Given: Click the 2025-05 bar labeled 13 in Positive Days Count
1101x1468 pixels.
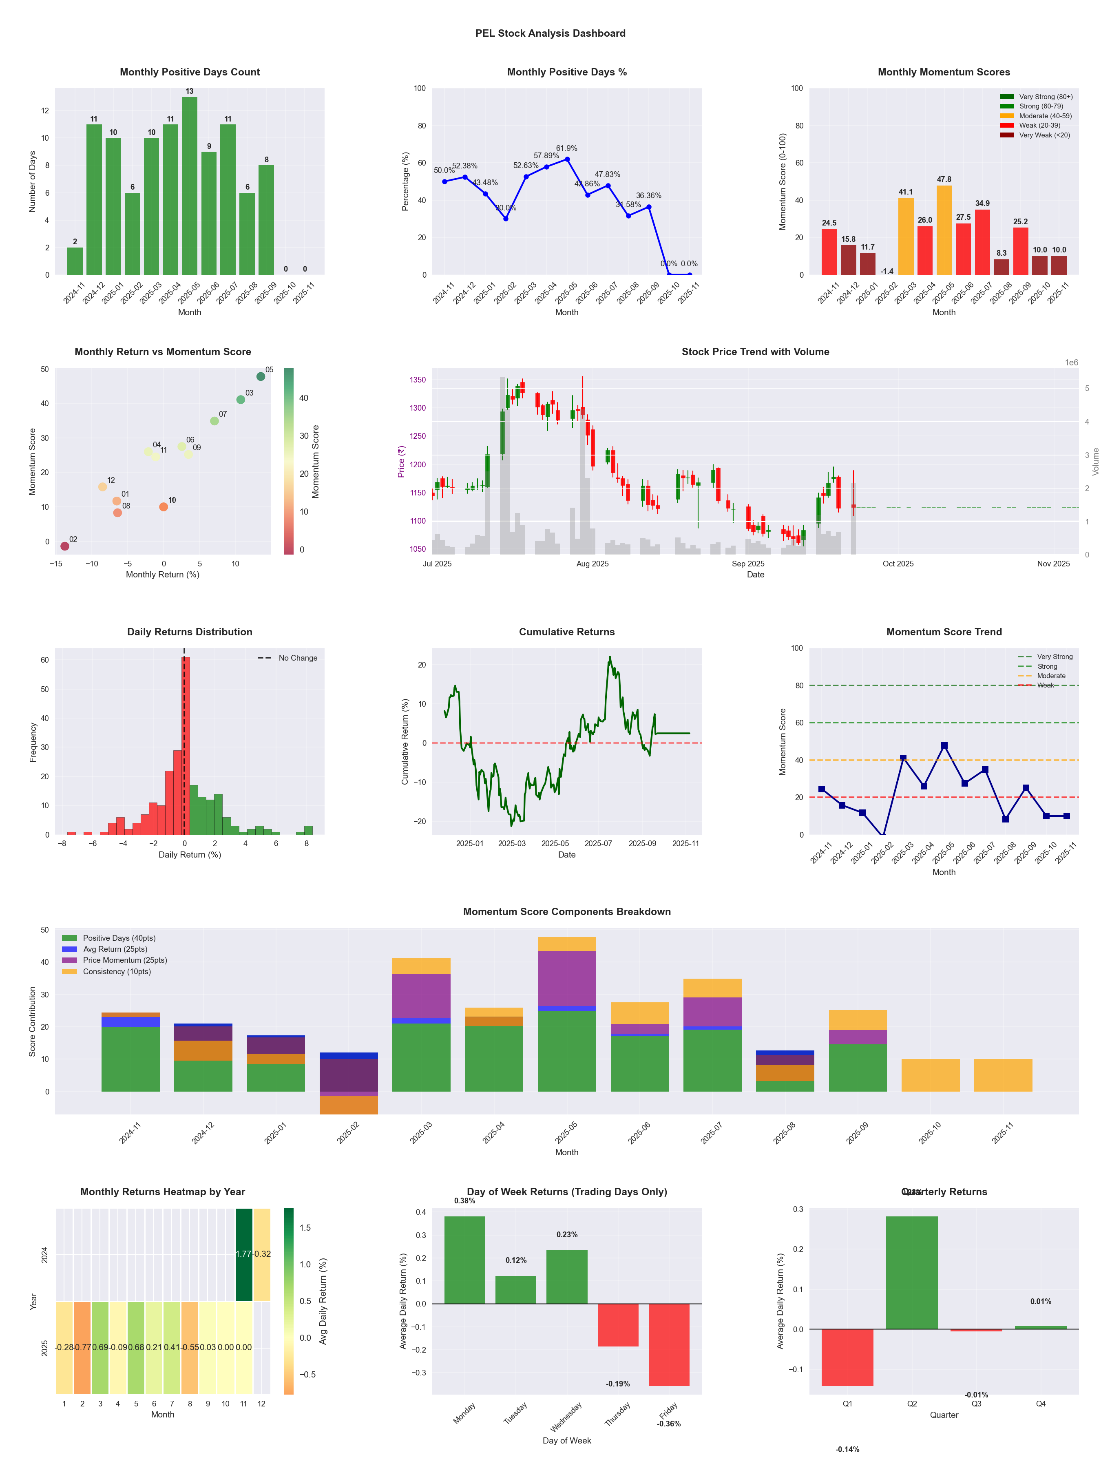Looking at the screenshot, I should click(x=190, y=186).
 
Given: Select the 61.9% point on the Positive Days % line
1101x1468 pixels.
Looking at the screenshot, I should click(x=567, y=159).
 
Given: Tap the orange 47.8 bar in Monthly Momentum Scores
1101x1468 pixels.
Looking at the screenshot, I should click(x=944, y=230).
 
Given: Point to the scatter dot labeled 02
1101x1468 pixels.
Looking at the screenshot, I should click(x=64, y=546).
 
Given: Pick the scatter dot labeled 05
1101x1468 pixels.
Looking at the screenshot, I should click(x=261, y=376).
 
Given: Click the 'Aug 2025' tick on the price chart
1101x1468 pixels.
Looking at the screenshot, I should click(x=592, y=564).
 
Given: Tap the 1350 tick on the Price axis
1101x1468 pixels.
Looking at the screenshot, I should click(x=418, y=380).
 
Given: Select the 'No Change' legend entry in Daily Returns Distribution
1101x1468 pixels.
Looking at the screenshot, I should click(x=297, y=658).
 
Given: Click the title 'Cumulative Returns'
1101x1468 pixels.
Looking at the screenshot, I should click(x=567, y=632).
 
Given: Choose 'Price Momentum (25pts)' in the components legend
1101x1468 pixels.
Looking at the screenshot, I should click(x=125, y=960).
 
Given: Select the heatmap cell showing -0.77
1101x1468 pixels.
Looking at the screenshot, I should click(x=82, y=1348).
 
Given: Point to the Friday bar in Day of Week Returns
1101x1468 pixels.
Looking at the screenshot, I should click(x=669, y=1344).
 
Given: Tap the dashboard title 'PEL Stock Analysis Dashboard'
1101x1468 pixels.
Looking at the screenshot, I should click(x=550, y=33).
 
